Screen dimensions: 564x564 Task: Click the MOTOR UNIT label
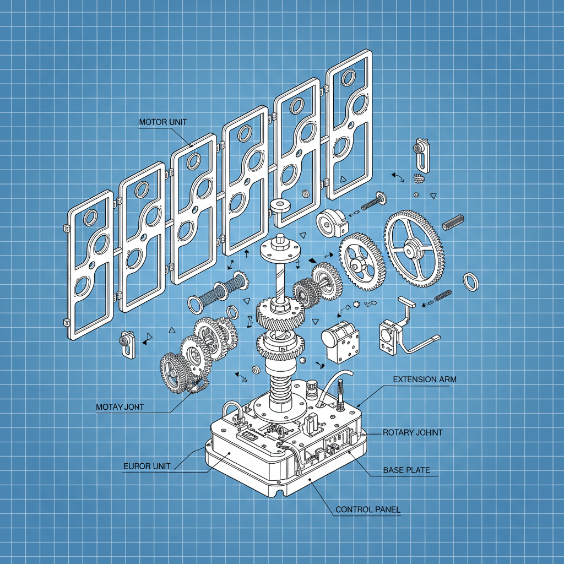(163, 122)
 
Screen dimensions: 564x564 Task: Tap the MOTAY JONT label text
(120, 407)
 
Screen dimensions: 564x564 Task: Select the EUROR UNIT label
(147, 466)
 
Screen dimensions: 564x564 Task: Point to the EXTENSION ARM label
(425, 379)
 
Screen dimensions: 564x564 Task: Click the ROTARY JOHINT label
(413, 432)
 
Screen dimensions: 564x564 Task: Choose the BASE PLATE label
(406, 470)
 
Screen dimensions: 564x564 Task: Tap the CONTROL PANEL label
(368, 509)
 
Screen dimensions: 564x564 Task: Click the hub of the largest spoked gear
(409, 249)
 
